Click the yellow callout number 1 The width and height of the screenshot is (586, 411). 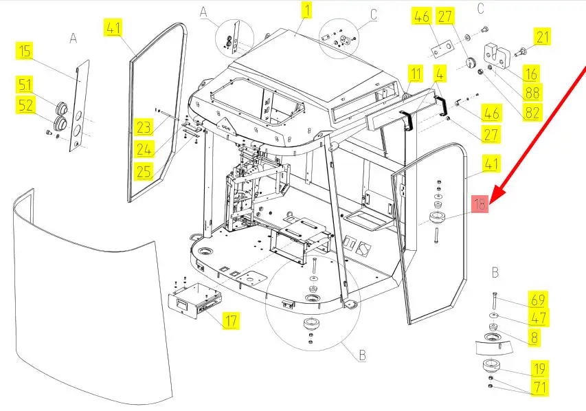(306, 10)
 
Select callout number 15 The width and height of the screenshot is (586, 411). (25, 51)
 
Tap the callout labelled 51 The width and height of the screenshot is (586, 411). (25, 85)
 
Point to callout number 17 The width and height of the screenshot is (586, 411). (232, 320)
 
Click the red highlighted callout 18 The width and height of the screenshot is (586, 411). (480, 203)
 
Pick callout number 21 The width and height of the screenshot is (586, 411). (543, 38)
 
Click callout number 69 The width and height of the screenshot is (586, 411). (538, 299)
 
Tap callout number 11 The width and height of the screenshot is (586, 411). (415, 73)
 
